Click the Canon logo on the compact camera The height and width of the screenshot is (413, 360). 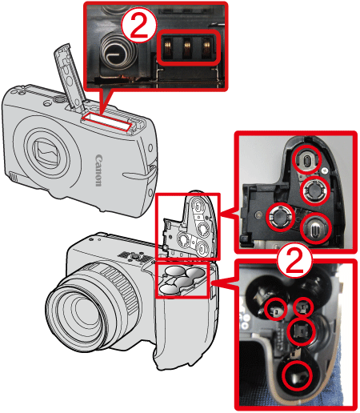98,170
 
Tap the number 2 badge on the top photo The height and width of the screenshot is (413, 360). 139,26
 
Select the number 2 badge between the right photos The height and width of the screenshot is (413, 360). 294,262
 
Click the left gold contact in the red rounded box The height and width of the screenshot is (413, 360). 168,47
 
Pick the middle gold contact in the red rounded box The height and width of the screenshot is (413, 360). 187,47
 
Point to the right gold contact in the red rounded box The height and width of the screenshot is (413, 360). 206,47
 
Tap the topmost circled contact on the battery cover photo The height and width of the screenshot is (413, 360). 306,160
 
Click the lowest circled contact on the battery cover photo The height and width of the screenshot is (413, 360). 315,228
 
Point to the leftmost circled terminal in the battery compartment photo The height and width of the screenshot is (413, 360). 276,310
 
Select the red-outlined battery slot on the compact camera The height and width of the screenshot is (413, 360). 107,122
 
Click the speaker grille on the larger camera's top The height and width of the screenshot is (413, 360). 134,257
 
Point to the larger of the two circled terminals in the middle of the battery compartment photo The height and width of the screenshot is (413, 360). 302,331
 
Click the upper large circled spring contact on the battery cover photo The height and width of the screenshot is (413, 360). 315,190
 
